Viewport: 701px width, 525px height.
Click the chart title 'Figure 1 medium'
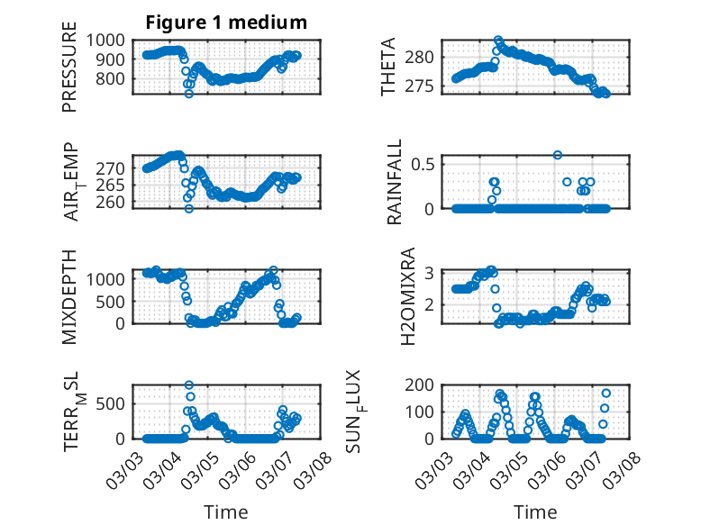pyautogui.click(x=226, y=23)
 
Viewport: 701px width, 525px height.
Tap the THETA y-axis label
pyautogui.click(x=388, y=68)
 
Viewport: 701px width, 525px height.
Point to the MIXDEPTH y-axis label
pyautogui.click(x=69, y=296)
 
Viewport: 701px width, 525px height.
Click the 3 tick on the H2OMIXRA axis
pyautogui.click(x=430, y=273)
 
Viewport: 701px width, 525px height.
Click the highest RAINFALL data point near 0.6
pyautogui.click(x=558, y=155)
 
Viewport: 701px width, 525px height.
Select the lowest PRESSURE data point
pyautogui.click(x=189, y=94)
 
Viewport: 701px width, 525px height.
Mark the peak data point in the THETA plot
pyautogui.click(x=498, y=41)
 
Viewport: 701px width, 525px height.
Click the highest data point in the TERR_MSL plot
pyautogui.click(x=189, y=385)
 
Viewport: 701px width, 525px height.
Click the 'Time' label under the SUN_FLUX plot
pyautogui.click(x=535, y=512)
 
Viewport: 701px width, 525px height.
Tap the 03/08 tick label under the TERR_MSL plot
pyautogui.click(x=319, y=463)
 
